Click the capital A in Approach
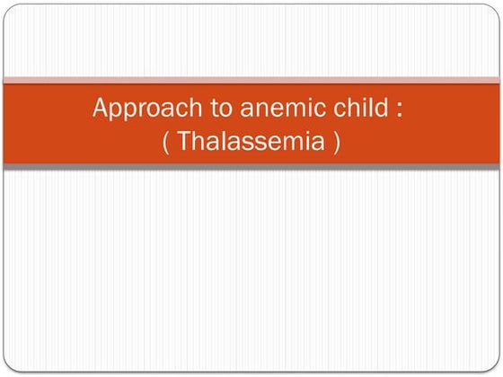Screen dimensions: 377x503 click(x=101, y=111)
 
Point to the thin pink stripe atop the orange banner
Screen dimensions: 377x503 click(x=251, y=81)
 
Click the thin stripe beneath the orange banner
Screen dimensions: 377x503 click(x=251, y=166)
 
